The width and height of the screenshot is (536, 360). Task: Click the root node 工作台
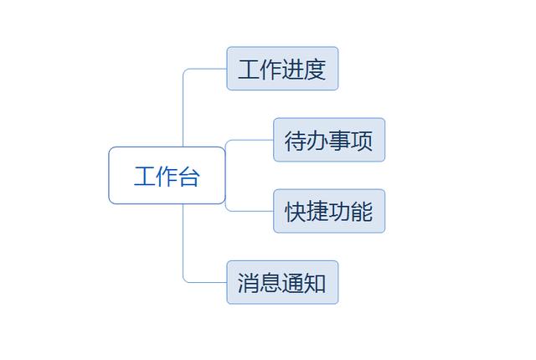167,176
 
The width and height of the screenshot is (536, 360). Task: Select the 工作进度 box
282,69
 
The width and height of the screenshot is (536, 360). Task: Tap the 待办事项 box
329,140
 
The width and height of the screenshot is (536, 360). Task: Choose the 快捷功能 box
329,211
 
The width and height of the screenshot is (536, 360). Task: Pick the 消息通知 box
282,282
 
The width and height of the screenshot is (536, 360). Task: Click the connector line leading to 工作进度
183,102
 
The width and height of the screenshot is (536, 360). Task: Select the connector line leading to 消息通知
183,249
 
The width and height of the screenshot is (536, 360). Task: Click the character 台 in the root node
189,177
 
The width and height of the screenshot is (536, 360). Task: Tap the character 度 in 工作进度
315,69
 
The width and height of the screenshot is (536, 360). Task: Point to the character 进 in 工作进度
293,69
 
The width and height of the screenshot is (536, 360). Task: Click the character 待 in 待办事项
296,141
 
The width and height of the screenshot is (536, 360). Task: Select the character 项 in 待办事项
362,141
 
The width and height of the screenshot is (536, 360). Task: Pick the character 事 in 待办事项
340,141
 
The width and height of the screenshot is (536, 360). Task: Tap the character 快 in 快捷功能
296,212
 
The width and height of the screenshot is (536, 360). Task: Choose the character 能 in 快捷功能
362,212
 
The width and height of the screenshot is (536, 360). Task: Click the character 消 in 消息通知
249,283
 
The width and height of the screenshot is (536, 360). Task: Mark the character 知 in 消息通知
315,283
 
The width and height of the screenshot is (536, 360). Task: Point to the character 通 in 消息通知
293,283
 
